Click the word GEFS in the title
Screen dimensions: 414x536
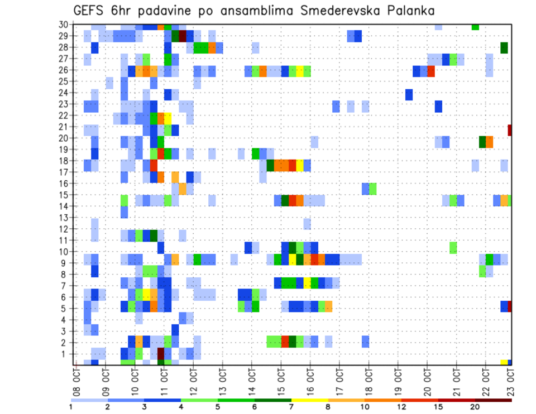tap(89, 11)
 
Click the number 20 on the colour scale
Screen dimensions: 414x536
tap(475, 407)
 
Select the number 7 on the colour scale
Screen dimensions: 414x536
tap(291, 407)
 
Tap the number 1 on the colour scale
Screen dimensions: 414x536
tap(71, 407)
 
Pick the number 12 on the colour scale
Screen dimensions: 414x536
tap(401, 407)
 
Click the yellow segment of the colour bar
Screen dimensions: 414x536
tap(309, 400)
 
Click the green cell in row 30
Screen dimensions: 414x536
tap(475, 27)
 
